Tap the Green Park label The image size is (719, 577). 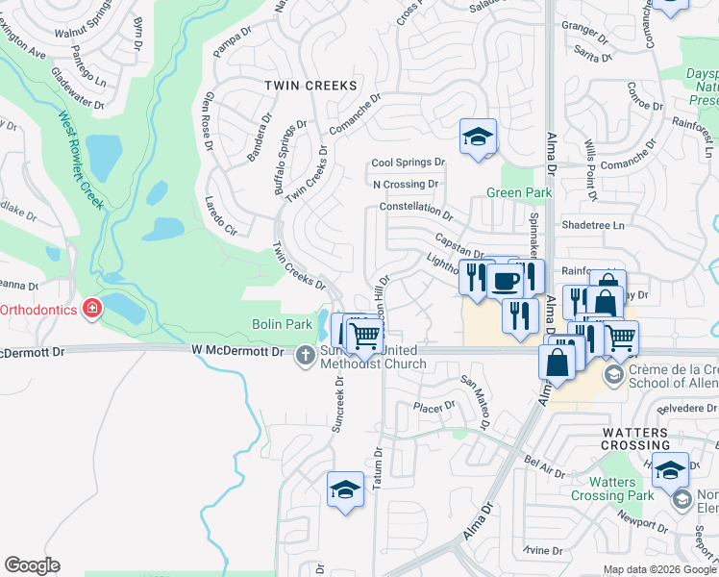pyautogui.click(x=519, y=192)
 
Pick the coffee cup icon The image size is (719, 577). pyautogui.click(x=506, y=280)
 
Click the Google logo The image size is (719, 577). pyautogui.click(x=33, y=565)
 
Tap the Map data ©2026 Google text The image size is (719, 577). pyautogui.click(x=659, y=569)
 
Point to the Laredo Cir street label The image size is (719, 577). pyautogui.click(x=220, y=215)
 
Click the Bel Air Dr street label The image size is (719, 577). pyautogui.click(x=545, y=469)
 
